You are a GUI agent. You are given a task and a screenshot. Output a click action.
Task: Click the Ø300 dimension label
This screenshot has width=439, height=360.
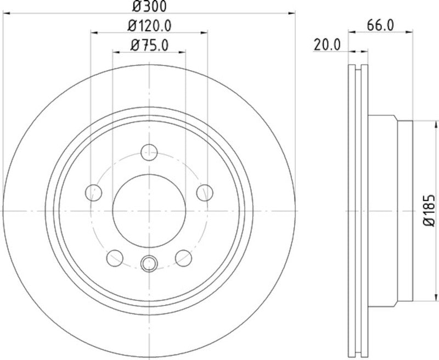[149, 6]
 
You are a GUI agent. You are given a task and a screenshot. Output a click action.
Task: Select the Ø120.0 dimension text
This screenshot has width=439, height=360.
[149, 25]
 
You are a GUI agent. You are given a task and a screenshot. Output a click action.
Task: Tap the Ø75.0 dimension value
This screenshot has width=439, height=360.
[149, 45]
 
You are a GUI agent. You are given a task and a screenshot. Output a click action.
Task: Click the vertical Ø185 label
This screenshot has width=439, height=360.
[429, 210]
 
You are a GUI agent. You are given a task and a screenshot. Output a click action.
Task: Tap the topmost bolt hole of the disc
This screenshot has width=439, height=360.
[149, 152]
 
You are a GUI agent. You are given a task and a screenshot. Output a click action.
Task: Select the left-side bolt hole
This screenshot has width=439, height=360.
[94, 192]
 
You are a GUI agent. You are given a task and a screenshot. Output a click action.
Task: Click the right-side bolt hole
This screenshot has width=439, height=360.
[205, 192]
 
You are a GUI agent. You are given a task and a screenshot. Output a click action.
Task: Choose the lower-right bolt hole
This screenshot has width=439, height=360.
[183, 257]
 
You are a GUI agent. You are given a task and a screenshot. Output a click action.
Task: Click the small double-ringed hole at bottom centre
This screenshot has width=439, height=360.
[149, 265]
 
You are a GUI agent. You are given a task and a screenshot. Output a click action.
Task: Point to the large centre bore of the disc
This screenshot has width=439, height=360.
[149, 210]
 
